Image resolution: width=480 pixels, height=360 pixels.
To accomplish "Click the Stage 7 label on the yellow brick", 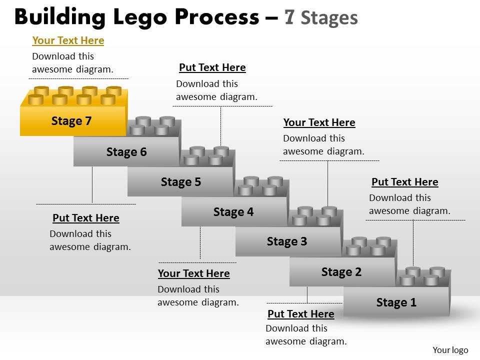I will [71, 121].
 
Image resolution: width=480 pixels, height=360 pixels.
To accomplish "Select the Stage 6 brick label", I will [126, 152].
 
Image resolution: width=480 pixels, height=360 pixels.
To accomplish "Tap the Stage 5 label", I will [181, 182].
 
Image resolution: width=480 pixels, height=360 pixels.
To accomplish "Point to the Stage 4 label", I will [233, 212].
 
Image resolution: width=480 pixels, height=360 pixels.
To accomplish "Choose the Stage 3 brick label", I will [287, 241].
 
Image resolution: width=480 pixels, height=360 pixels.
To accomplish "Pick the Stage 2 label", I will [341, 272].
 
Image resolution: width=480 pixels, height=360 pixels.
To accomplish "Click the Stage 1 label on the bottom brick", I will [396, 302].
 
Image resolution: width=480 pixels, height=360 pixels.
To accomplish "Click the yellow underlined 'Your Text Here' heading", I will [68, 40].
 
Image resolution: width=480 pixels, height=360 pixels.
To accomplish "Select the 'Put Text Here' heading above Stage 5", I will [212, 67].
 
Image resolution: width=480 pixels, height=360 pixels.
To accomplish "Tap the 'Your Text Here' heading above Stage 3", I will [319, 122].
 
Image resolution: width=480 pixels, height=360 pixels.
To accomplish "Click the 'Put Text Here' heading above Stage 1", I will [405, 182].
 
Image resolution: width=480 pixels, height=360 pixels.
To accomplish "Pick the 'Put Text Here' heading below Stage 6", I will [86, 218].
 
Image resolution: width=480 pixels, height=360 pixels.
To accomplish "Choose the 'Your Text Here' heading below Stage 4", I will [193, 273].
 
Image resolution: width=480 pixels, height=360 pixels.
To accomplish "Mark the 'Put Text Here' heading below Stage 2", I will [301, 314].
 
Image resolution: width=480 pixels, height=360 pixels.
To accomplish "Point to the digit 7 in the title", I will [289, 17].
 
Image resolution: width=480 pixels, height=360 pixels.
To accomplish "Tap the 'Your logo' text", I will [450, 350].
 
